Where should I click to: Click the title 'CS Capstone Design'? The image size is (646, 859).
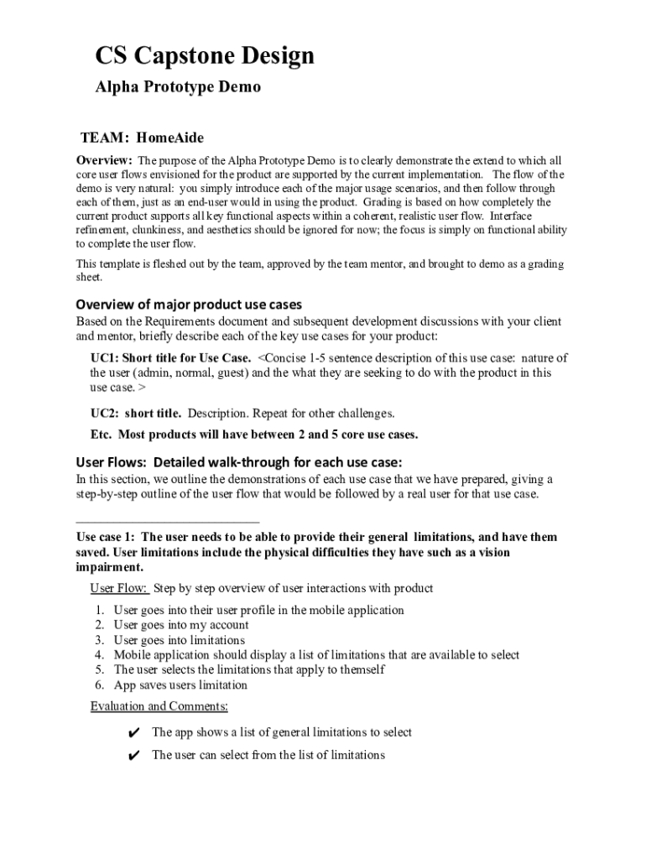click(205, 56)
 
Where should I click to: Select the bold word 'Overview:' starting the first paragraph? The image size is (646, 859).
click(104, 160)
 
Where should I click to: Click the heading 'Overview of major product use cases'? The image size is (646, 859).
click(189, 305)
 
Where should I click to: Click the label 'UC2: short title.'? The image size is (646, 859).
click(136, 414)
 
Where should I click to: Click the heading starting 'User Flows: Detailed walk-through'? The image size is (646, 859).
click(239, 462)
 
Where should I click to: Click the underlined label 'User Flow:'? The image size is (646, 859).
click(119, 588)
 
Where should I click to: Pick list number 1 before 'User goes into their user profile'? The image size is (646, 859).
click(99, 610)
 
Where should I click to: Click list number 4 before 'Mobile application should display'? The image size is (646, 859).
click(99, 655)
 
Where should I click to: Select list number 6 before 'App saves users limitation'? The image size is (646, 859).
click(99, 685)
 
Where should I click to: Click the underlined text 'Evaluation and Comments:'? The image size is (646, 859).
click(159, 706)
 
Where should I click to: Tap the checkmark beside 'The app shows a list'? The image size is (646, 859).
click(133, 733)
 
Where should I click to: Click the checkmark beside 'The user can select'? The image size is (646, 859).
click(133, 756)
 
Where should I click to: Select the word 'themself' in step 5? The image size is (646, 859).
click(362, 670)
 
